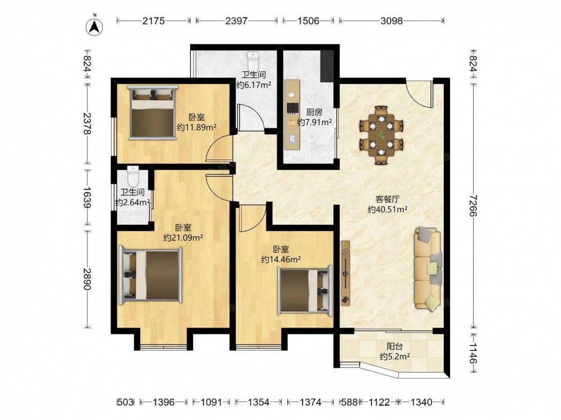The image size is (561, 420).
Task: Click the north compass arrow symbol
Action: [94, 26]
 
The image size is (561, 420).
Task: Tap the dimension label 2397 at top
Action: [236, 21]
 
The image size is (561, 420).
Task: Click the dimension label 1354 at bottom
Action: [259, 402]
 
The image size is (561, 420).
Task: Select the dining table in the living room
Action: [381, 135]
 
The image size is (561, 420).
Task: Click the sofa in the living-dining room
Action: [428, 269]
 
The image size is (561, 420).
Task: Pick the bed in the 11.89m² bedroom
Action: [153, 112]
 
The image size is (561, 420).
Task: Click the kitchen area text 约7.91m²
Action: [315, 123]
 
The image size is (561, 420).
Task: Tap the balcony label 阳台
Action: [394, 346]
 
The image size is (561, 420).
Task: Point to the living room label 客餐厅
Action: [388, 199]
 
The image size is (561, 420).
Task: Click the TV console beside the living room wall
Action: [345, 273]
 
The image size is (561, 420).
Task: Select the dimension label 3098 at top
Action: [392, 21]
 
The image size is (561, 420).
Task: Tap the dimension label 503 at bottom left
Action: [126, 402]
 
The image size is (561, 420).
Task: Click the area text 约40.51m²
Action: [388, 209]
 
